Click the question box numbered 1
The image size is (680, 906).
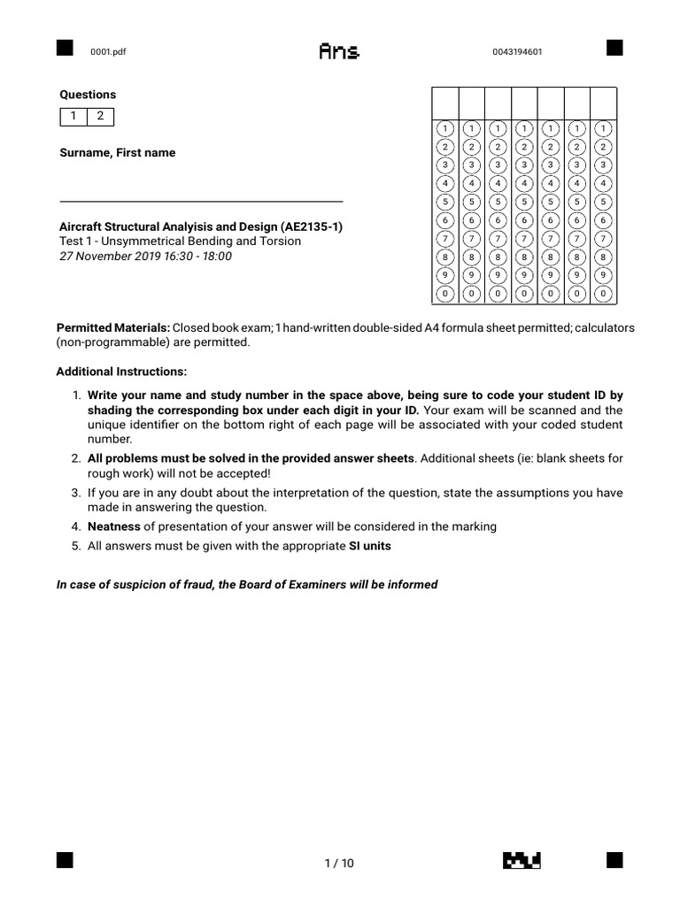(73, 117)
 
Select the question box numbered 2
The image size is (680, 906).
(100, 117)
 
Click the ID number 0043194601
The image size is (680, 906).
(517, 51)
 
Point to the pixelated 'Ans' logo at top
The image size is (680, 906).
(339, 52)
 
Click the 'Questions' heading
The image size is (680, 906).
(88, 95)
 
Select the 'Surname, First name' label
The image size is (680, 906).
(117, 152)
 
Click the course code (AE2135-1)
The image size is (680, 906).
(309, 226)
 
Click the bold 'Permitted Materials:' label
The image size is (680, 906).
(113, 327)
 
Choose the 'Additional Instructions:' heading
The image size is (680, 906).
(121, 371)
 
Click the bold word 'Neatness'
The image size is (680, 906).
(114, 526)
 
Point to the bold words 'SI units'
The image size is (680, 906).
(370, 546)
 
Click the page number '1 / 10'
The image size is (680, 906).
(339, 864)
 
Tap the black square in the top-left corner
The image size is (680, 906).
(64, 48)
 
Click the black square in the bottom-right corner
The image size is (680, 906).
(614, 859)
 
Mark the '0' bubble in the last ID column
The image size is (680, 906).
(603, 292)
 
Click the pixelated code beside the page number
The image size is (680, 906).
(522, 860)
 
